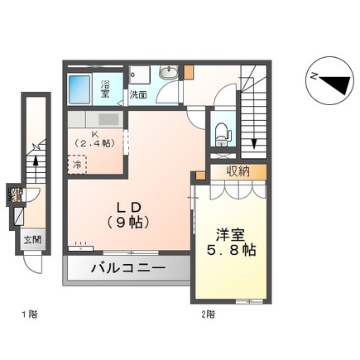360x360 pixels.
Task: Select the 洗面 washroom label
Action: click(138, 95)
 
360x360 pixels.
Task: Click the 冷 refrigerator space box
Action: click(77, 164)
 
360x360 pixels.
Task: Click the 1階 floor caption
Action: click(29, 314)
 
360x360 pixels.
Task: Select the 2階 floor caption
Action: click(208, 314)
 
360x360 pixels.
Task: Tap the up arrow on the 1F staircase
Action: click(36, 149)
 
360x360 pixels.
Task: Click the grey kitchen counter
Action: click(93, 120)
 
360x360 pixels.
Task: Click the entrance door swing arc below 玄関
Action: click(31, 263)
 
